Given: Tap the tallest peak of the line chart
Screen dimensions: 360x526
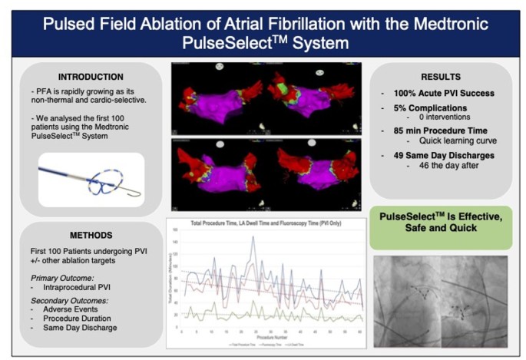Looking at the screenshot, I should (x=252, y=237).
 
